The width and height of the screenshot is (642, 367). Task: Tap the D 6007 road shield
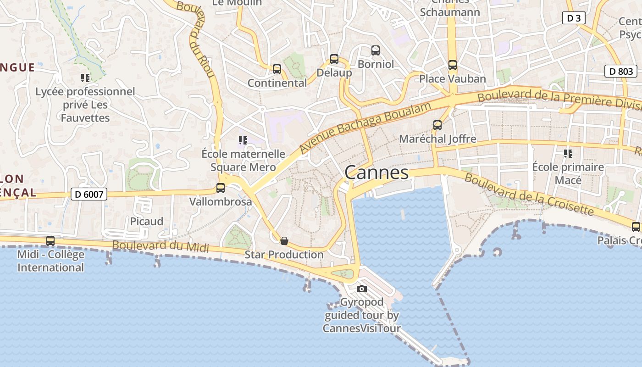pyautogui.click(x=89, y=195)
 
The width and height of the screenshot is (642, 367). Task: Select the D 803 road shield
pyautogui.click(x=621, y=71)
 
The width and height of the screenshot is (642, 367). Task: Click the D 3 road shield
pyautogui.click(x=574, y=18)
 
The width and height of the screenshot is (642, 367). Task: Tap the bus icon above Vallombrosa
pyautogui.click(x=221, y=188)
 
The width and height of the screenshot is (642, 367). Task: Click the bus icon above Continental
pyautogui.click(x=277, y=69)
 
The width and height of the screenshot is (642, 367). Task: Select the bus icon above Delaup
pyautogui.click(x=334, y=59)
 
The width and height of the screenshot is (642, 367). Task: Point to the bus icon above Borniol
pyautogui.click(x=376, y=50)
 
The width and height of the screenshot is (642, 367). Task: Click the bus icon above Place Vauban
pyautogui.click(x=453, y=65)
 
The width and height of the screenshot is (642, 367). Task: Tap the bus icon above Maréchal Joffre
pyautogui.click(x=437, y=125)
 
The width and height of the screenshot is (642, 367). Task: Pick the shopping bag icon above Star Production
pyautogui.click(x=284, y=241)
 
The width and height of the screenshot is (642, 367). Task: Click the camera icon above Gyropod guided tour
pyautogui.click(x=362, y=289)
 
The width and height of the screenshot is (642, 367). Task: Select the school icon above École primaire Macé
pyautogui.click(x=568, y=154)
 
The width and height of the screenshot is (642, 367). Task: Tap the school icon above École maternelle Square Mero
pyautogui.click(x=243, y=140)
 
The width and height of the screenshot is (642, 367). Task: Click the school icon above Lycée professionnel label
pyautogui.click(x=85, y=78)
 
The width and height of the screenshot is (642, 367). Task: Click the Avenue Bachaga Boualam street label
pyautogui.click(x=365, y=128)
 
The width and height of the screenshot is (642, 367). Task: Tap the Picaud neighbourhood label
pyautogui.click(x=147, y=222)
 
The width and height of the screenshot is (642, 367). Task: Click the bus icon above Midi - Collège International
pyautogui.click(x=50, y=241)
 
